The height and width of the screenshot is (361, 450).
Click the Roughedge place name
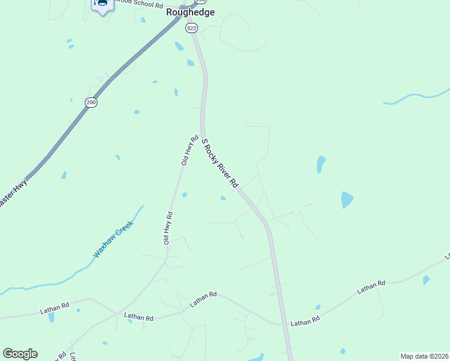pos(190,13)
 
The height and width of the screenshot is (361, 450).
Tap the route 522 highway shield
pos(192,28)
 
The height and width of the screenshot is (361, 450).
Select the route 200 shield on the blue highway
pos(91,103)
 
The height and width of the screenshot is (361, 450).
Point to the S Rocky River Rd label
pos(220,162)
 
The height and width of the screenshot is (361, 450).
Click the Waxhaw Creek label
pos(112,239)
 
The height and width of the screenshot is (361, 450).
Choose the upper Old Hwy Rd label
pos(190,150)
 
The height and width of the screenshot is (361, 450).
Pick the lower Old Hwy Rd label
pos(169,227)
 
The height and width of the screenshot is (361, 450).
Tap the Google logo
pos(20,354)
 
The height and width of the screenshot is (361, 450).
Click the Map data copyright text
pos(424,356)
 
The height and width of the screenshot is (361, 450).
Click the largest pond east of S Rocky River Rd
pos(347,199)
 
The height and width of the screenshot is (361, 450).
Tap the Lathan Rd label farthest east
pos(371,286)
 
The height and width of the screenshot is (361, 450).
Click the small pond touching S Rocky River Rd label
pos(223,198)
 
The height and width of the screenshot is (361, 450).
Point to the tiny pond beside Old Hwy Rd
pos(184,194)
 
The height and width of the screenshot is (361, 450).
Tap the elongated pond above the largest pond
pos(321,164)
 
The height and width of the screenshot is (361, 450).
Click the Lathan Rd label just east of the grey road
pos(304,322)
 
